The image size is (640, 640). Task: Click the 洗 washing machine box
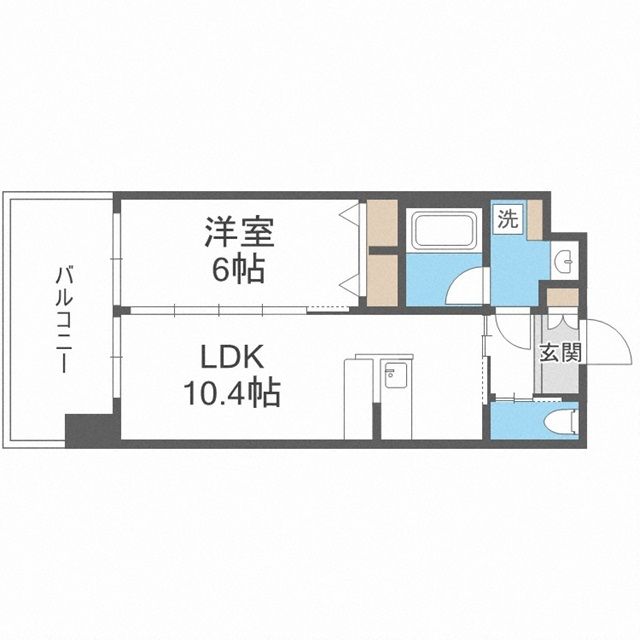(x=507, y=221)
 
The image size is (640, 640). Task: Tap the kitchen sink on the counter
(x=393, y=379)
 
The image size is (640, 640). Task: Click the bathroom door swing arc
(x=466, y=288)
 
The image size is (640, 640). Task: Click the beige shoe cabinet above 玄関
(x=562, y=297)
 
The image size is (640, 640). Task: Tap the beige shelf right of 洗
(x=535, y=219)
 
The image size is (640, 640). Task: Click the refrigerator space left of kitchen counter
(x=358, y=398)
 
